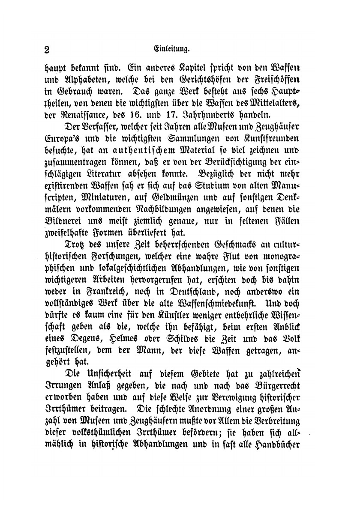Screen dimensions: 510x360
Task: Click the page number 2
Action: tap(47, 49)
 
